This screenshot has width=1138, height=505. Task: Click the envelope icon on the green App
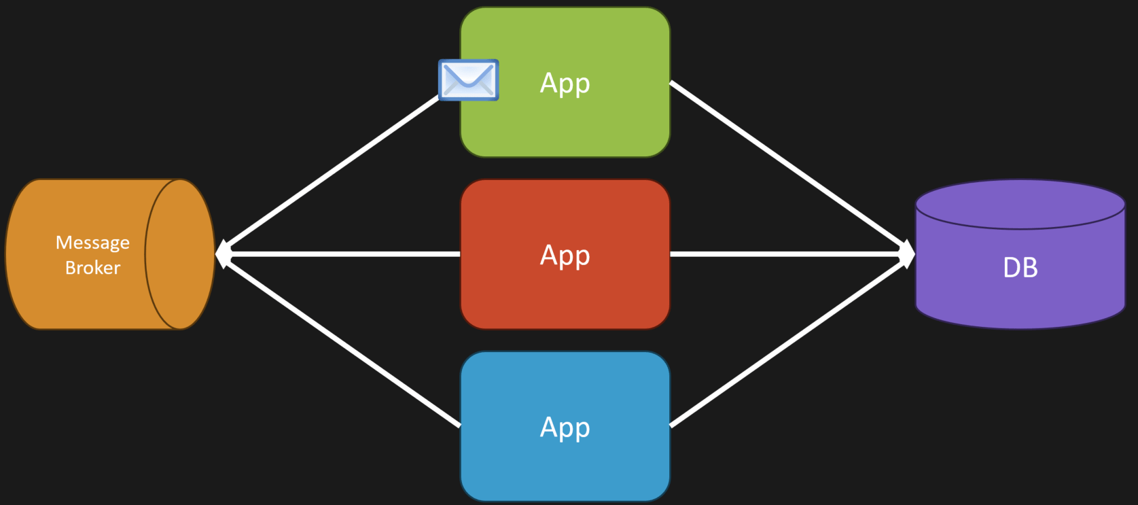(x=468, y=80)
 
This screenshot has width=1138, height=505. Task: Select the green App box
(x=565, y=82)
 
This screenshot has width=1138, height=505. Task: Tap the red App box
(x=565, y=254)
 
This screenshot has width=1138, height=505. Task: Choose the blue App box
(x=565, y=426)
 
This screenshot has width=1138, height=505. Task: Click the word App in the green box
(x=565, y=83)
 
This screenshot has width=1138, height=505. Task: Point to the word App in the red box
(x=565, y=255)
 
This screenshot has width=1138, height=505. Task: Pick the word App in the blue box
(x=565, y=428)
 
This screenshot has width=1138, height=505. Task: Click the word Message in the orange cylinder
(x=92, y=243)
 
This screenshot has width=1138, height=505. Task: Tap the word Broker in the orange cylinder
(x=92, y=268)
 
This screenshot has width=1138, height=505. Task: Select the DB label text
(x=1020, y=267)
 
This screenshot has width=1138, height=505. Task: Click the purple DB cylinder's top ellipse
(x=1020, y=204)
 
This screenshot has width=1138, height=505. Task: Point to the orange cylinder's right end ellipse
(x=180, y=254)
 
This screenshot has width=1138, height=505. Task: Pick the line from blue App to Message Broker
(x=341, y=341)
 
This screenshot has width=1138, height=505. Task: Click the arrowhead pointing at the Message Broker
(x=224, y=254)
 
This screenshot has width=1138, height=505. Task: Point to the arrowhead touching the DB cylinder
(x=908, y=254)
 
